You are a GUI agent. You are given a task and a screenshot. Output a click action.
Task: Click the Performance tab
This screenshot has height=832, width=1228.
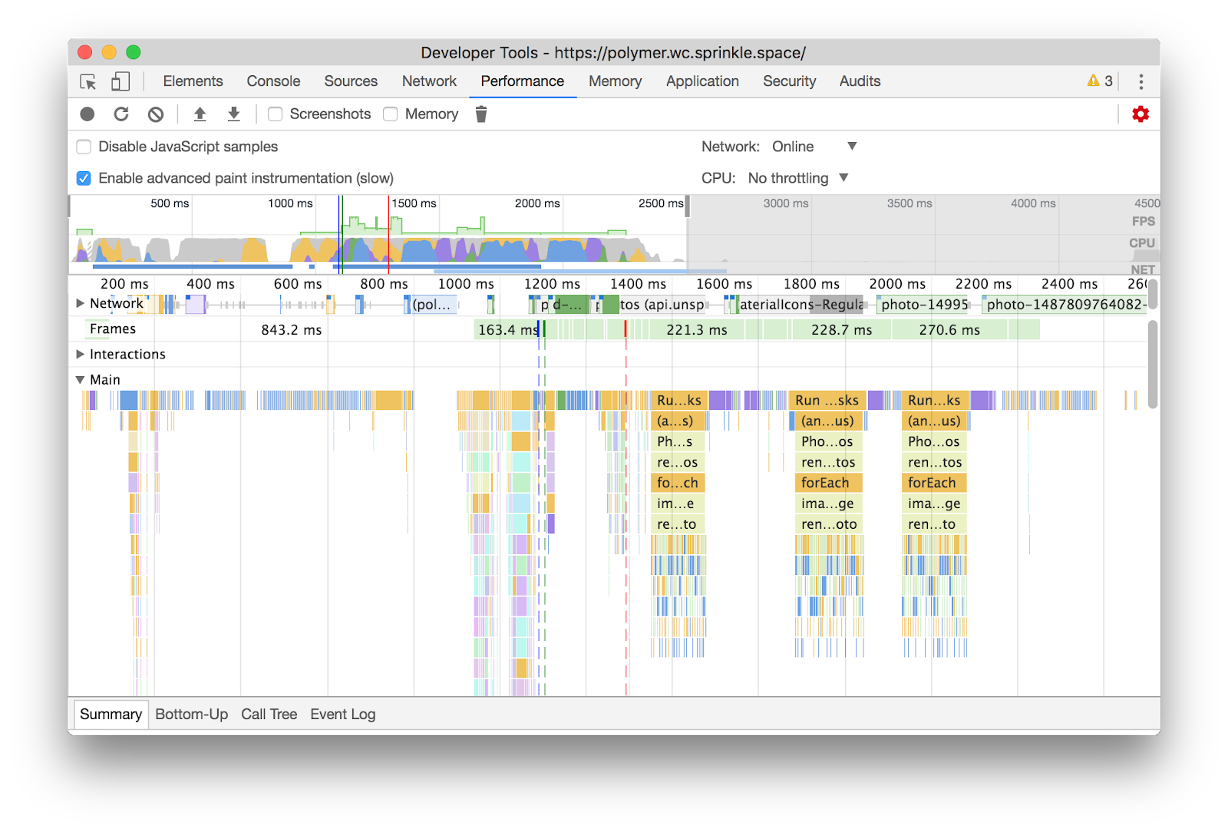[522, 81]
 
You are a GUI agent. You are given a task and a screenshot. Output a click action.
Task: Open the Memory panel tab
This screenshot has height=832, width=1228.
[615, 81]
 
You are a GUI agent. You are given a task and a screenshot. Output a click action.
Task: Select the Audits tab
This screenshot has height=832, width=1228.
[860, 81]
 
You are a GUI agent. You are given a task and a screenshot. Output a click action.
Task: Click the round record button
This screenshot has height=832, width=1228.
[87, 114]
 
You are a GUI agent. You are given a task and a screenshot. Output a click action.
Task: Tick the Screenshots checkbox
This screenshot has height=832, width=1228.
[276, 114]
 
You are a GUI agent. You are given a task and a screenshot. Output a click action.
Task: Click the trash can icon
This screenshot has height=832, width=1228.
[481, 114]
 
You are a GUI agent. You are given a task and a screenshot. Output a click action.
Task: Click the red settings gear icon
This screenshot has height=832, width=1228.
[1141, 114]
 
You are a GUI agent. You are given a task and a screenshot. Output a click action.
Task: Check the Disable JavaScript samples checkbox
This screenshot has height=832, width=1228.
[84, 147]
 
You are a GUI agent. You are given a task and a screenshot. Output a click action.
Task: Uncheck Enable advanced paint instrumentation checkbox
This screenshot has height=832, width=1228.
[84, 178]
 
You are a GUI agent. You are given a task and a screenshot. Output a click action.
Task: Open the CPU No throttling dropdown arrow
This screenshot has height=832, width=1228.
[843, 178]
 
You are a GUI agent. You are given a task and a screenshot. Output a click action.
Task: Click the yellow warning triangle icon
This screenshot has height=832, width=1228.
[1093, 81]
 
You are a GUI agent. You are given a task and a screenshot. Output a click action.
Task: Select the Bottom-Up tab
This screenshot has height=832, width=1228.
[191, 715]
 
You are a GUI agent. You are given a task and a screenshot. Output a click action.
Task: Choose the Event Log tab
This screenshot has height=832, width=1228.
[342, 715]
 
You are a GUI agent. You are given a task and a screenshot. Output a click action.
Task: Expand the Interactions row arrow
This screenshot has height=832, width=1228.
[80, 355]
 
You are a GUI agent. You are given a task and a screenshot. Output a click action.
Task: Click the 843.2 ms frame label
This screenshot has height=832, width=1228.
[291, 330]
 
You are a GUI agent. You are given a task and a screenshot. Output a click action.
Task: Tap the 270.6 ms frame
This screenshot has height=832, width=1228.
[949, 330]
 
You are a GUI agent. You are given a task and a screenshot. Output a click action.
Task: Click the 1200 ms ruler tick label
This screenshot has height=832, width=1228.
[552, 284]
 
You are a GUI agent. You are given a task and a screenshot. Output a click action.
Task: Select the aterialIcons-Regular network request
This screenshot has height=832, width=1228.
[801, 305]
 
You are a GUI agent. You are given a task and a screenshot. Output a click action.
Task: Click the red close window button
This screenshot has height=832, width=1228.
[85, 52]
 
